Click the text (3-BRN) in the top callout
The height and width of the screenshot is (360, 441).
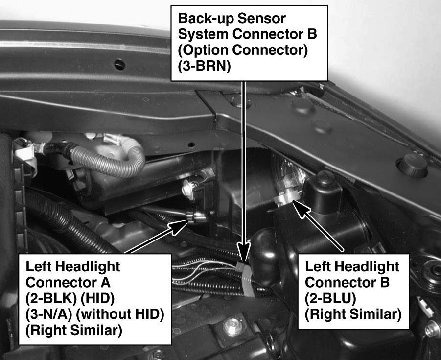(x=204, y=66)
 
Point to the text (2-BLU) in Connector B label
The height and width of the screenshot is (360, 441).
(x=330, y=298)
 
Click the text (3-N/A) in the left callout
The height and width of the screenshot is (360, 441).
(x=49, y=314)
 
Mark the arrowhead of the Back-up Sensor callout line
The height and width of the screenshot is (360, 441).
(x=244, y=251)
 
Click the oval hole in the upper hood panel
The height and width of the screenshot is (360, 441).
(x=119, y=65)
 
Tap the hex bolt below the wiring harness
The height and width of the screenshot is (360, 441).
(x=233, y=327)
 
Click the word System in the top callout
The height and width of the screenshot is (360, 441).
(x=203, y=34)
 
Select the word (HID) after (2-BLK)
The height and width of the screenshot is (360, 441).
(x=97, y=298)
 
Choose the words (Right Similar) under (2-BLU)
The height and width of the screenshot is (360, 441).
(x=353, y=314)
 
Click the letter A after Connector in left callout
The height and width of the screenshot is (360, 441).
(x=105, y=282)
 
